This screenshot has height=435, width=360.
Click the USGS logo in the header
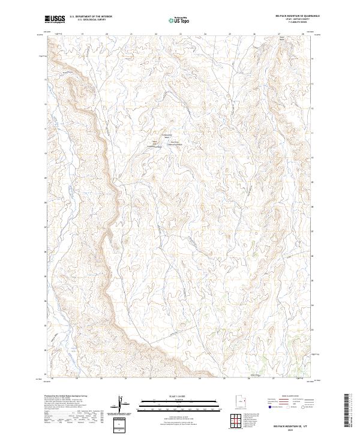pos(55,20)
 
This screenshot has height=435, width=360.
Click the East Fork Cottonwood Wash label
pos(173,143)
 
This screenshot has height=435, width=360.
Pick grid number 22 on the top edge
pos(156,34)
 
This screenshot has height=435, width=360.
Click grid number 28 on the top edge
pos(304,34)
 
